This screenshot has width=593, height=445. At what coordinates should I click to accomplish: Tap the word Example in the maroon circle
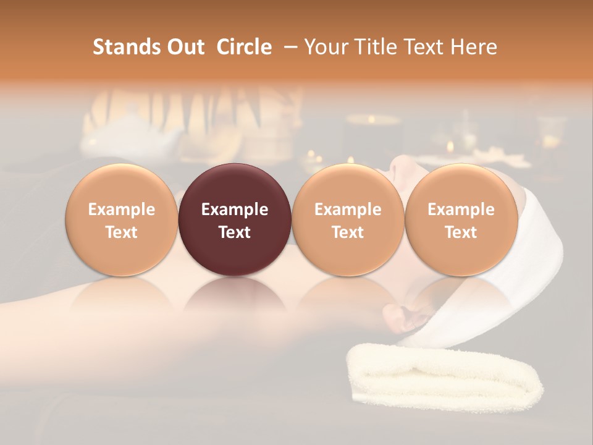coord(235,210)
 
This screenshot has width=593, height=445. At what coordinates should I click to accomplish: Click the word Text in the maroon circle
coord(235,232)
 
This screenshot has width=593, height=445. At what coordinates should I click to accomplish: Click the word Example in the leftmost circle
coord(122,210)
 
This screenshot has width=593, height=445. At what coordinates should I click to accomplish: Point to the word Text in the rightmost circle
coord(461,232)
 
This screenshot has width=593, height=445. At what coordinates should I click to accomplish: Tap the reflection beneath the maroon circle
coord(235,297)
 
